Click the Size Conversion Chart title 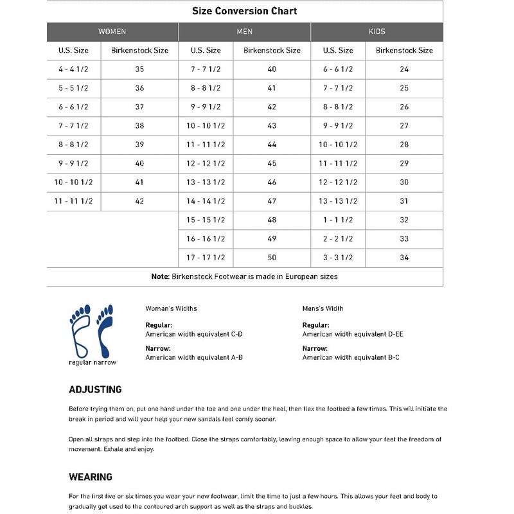(x=244, y=11)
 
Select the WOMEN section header (x=112, y=31)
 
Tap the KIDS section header (x=377, y=31)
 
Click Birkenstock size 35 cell (x=139, y=69)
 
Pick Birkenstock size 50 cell (x=272, y=258)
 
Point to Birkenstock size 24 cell (x=404, y=69)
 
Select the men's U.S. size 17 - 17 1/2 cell (x=206, y=258)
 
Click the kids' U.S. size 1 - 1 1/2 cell (x=338, y=220)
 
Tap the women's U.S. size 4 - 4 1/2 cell (x=73, y=69)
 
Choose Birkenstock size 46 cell (x=272, y=182)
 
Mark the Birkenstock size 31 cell (x=404, y=201)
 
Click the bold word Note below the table (x=159, y=276)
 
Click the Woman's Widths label (x=171, y=308)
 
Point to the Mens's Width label (x=323, y=308)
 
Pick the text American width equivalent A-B (x=193, y=357)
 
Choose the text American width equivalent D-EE (x=353, y=334)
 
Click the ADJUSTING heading (x=95, y=389)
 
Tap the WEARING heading (x=91, y=477)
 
